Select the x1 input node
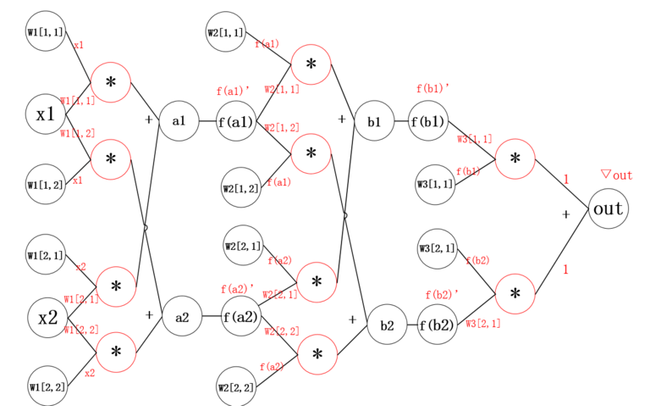click(x=46, y=114)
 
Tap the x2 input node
click(x=47, y=318)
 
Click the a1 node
click(x=179, y=121)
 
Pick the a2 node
click(x=182, y=318)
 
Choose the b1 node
click(x=374, y=122)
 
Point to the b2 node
click(x=387, y=325)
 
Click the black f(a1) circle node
click(x=236, y=122)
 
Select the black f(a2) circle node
click(x=240, y=318)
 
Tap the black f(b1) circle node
click(x=428, y=122)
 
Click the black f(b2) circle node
click(x=438, y=325)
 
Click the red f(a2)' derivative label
click(x=237, y=289)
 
